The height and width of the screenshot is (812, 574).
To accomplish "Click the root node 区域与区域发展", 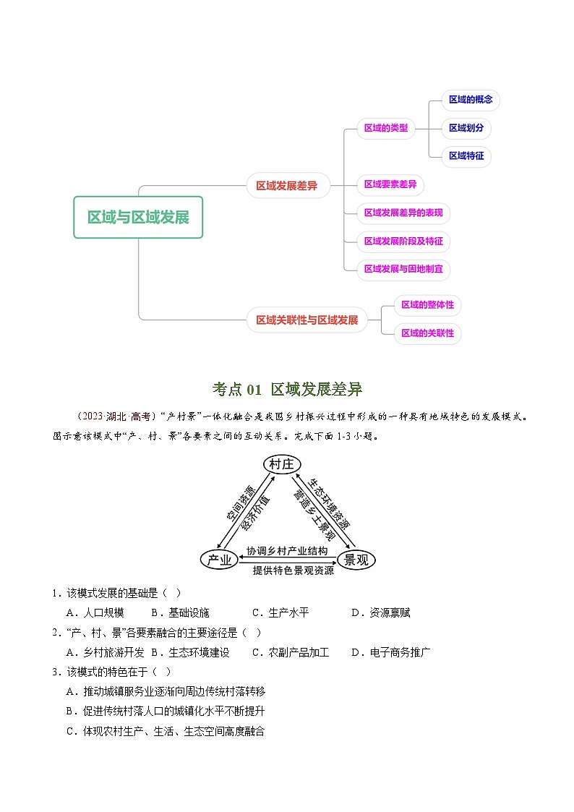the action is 138,217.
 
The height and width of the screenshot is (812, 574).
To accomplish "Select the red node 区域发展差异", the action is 286,186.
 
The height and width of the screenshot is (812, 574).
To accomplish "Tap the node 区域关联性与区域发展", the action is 307,320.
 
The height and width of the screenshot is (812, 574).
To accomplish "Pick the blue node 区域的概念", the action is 470,100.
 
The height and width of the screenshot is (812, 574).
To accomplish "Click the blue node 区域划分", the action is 466,128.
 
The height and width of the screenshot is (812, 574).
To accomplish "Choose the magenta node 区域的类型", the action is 385,129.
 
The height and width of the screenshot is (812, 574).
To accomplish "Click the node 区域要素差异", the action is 390,184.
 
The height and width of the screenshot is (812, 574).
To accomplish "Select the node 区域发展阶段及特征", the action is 403,241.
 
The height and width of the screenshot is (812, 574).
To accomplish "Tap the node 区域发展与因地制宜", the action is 403,269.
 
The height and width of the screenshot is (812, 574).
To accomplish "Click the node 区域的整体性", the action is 427,305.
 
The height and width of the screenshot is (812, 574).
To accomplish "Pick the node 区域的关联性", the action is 427,333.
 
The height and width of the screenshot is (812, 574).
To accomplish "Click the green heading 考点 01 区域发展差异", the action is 287,390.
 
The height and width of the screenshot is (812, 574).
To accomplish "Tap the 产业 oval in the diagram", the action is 219,560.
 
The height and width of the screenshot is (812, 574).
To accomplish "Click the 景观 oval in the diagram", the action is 356,560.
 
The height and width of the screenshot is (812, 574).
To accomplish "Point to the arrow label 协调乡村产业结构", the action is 287,551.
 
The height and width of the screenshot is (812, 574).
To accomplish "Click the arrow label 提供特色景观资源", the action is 293,570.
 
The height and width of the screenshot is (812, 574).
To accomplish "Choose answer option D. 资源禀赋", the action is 381,612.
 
